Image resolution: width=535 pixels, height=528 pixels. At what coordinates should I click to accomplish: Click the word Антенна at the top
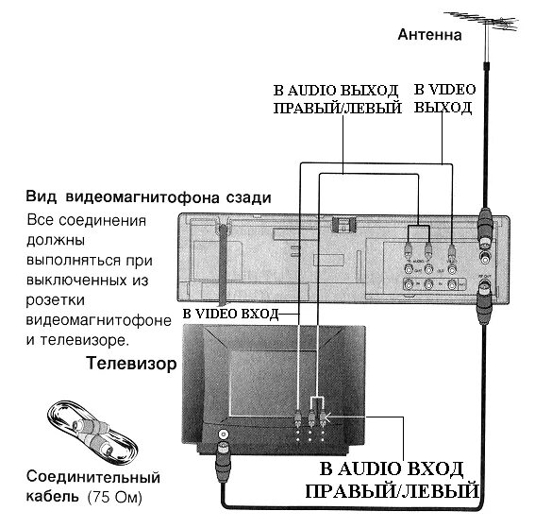tap(428, 36)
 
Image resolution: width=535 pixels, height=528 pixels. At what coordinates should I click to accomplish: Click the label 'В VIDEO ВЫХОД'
tap(443, 98)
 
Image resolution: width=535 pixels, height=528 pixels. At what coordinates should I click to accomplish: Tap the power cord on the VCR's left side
tap(219, 264)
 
